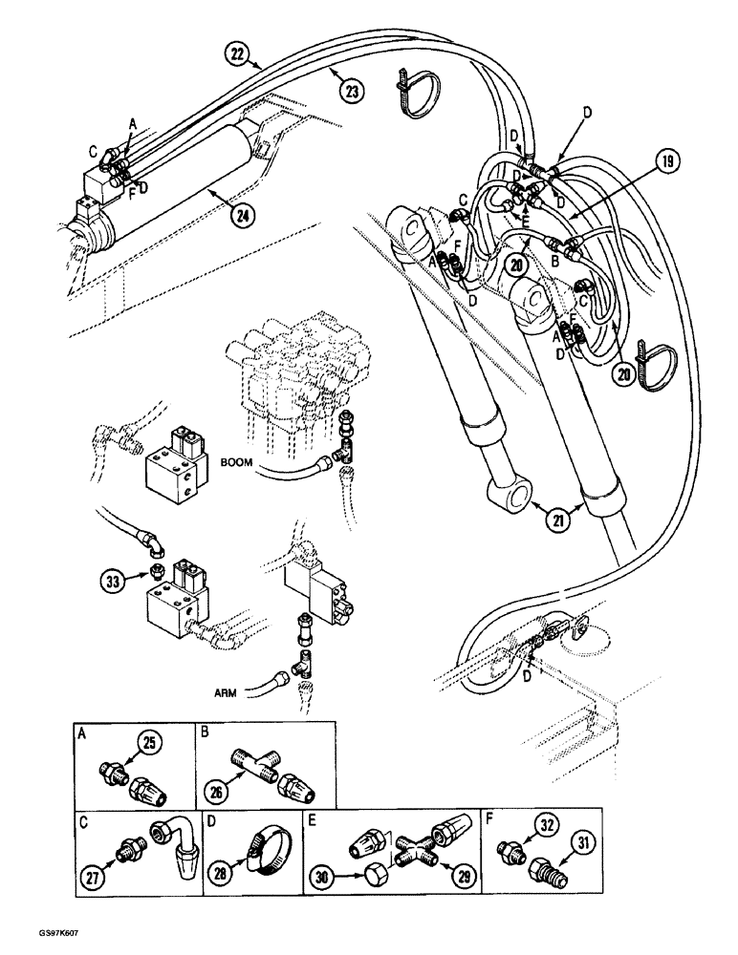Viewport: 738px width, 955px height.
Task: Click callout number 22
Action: [x=236, y=55]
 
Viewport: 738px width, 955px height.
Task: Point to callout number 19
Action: [x=668, y=161]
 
